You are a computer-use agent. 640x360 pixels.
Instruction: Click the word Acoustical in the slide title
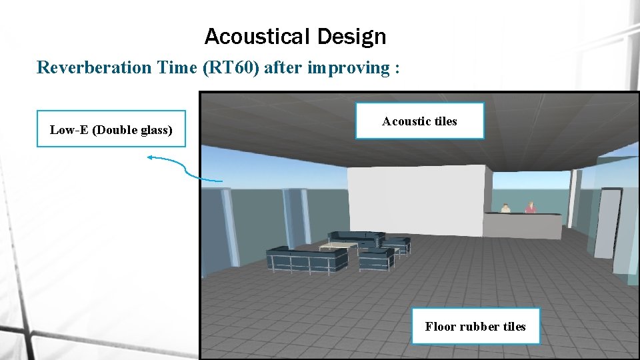pyautogui.click(x=257, y=37)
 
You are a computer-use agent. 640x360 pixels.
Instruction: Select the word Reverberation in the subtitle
pyautogui.click(x=94, y=67)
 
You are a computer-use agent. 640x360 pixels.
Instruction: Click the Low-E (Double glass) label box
pyautogui.click(x=111, y=129)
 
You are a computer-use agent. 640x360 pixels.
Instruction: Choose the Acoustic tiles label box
pyautogui.click(x=419, y=121)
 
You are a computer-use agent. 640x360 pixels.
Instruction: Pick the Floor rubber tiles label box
pyautogui.click(x=475, y=326)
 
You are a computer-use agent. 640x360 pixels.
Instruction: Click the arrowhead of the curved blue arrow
pyautogui.click(x=150, y=158)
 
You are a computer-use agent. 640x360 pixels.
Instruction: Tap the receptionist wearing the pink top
pyautogui.click(x=531, y=208)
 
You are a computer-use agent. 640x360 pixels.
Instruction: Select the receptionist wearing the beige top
pyautogui.click(x=505, y=209)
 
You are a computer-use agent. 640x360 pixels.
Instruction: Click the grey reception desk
pyautogui.click(x=523, y=225)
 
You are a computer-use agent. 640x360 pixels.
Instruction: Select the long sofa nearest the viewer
pyautogui.click(x=307, y=259)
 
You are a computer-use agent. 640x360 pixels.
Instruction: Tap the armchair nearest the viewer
pyautogui.click(x=377, y=258)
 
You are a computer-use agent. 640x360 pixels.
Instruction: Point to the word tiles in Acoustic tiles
pyautogui.click(x=443, y=121)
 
